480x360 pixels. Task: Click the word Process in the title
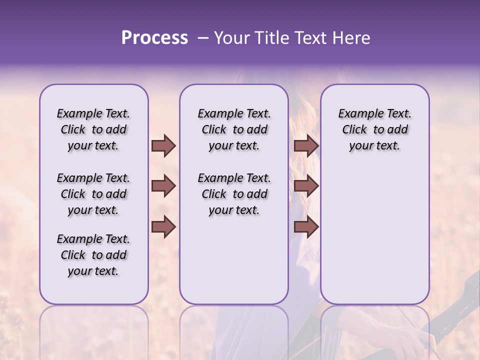point(154,38)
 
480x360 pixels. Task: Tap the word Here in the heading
point(350,38)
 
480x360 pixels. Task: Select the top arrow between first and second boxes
point(163,145)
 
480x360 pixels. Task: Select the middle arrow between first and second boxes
point(163,186)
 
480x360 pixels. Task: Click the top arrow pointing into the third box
point(306,145)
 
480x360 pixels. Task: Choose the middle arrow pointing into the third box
point(306,186)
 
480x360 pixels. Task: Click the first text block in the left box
point(93,129)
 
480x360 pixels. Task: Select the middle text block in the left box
point(93,194)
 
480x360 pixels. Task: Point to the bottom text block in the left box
point(93,255)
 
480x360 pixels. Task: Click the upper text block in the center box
point(234,129)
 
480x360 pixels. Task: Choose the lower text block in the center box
point(234,194)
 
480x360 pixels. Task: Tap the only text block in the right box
point(374,129)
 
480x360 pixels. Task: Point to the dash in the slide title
point(202,38)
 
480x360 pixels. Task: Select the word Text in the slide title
point(308,38)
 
